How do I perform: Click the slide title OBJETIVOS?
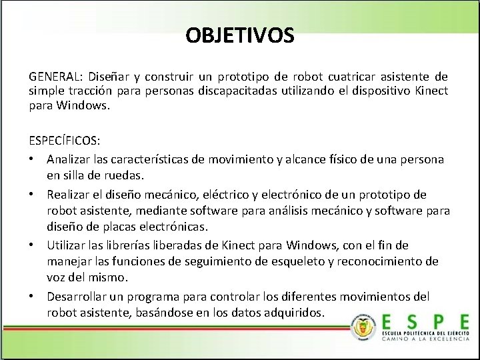click(240, 35)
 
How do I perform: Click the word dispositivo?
click(381, 91)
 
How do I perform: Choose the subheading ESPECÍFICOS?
click(65, 141)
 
